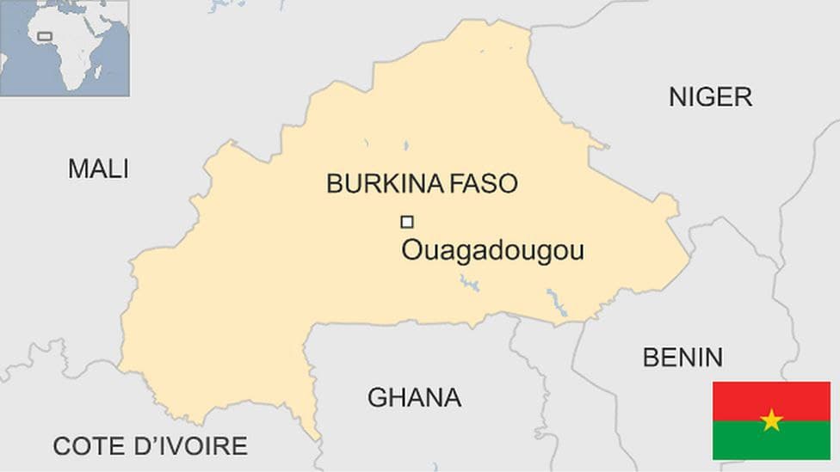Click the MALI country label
(98, 169)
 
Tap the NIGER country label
(710, 97)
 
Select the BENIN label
(682, 357)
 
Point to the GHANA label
(414, 398)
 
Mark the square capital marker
(407, 222)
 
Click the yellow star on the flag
(771, 420)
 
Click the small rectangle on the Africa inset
(44, 37)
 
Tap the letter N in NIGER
(678, 97)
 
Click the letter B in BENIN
(650, 357)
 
